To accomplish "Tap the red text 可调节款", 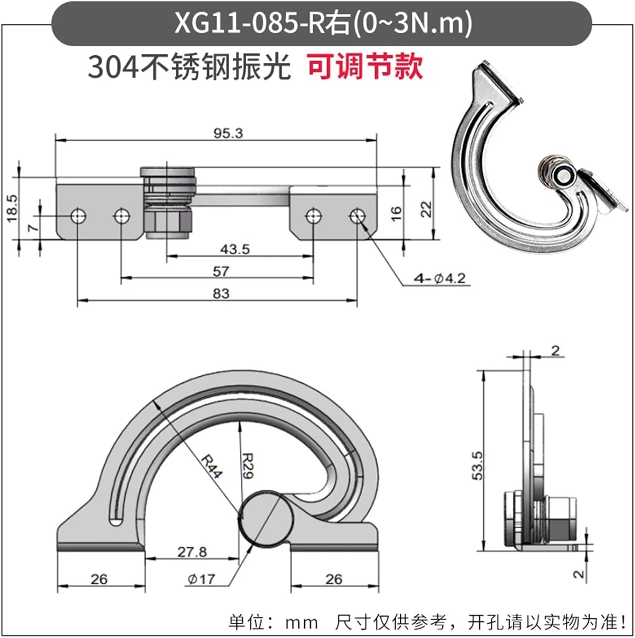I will click(x=365, y=67).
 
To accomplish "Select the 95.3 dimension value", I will click(x=228, y=133).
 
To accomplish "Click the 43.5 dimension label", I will click(x=235, y=249).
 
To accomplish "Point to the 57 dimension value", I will click(x=221, y=271).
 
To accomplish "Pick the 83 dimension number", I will click(x=221, y=293).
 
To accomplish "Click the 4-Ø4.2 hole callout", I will click(x=440, y=279).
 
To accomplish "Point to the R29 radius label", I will click(x=248, y=466).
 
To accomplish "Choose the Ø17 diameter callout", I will click(x=201, y=579).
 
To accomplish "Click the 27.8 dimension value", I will click(x=192, y=552).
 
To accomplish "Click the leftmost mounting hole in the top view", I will click(x=78, y=216).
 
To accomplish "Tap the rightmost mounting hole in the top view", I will click(x=357, y=216).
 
